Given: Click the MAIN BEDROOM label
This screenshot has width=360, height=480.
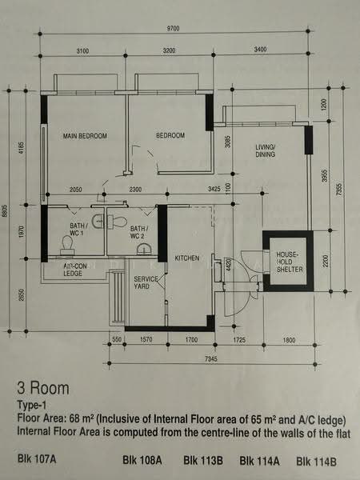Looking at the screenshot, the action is click(x=85, y=136).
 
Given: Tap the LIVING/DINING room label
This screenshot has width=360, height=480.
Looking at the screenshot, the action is click(x=266, y=150).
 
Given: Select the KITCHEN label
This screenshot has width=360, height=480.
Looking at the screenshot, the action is click(x=187, y=258).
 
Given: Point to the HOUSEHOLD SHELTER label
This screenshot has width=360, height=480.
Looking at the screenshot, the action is click(x=290, y=262).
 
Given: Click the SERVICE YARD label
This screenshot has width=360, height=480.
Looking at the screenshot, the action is click(x=146, y=282).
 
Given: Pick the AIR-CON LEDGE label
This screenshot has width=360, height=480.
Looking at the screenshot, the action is click(x=74, y=270).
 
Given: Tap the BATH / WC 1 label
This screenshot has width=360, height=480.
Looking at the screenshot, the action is click(x=79, y=230).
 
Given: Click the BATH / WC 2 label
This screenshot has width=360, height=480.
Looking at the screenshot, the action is click(x=139, y=232).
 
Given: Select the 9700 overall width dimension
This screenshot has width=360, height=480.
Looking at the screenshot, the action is click(x=173, y=29).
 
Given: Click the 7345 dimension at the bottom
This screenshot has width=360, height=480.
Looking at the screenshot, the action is click(x=210, y=358).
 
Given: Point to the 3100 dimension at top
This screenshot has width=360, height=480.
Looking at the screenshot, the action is click(x=82, y=51).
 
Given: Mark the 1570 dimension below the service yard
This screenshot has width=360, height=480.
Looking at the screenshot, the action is click(x=146, y=340).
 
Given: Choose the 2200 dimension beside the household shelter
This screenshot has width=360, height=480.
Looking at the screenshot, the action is click(x=326, y=261).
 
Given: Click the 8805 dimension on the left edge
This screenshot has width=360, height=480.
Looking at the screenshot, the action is click(x=5, y=211).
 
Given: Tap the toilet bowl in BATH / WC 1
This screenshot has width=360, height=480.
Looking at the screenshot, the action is click(x=68, y=245).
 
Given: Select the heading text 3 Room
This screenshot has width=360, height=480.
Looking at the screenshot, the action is click(x=43, y=389).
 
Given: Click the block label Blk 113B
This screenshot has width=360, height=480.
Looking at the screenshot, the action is click(x=203, y=461).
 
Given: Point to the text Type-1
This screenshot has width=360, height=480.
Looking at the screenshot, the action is click(x=32, y=406).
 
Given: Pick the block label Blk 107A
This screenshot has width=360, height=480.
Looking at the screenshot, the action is click(x=37, y=459).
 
